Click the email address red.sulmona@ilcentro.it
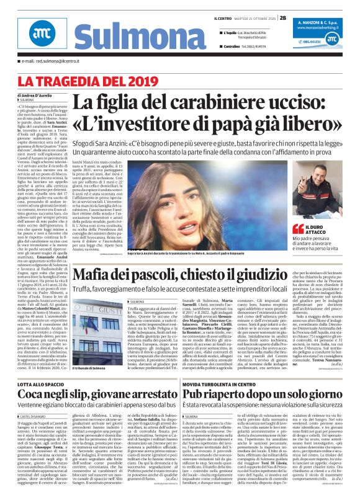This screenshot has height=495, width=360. [x=61, y=61]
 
